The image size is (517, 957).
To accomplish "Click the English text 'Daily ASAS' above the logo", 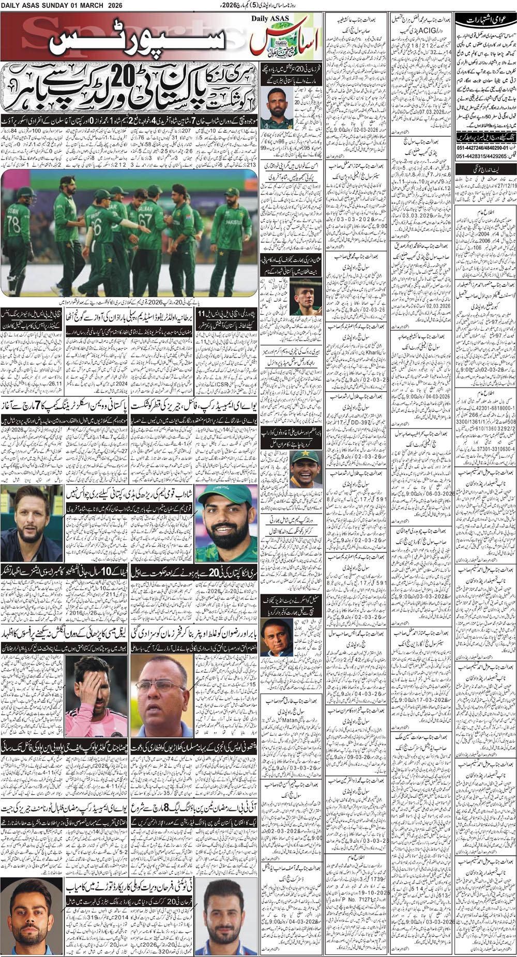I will pyautogui.click(x=271, y=19).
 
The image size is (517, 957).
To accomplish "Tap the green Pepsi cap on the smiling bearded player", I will pyautogui.click(x=226, y=497).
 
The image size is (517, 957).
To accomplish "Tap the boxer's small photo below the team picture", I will pyautogui.click(x=302, y=299).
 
